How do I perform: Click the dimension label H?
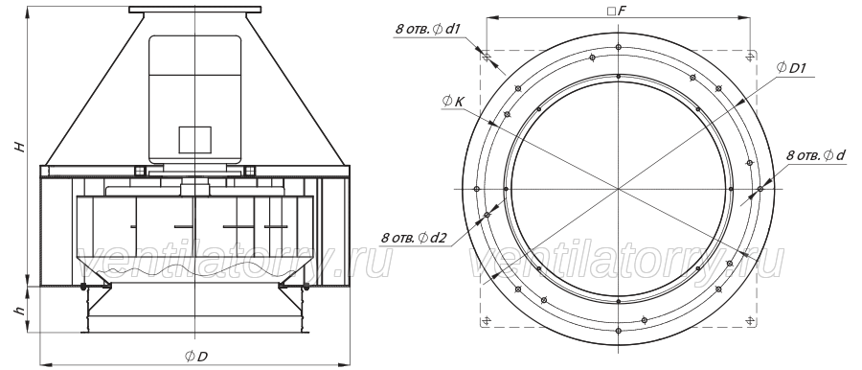(21, 147)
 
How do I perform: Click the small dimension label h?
(21, 311)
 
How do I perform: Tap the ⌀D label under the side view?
(196, 357)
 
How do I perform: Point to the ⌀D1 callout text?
(791, 68)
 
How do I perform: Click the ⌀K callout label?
(454, 101)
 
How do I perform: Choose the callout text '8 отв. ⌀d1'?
(427, 30)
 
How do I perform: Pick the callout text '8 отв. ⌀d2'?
(414, 238)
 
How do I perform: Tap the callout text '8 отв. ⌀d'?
(816, 156)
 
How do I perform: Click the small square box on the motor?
(194, 139)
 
